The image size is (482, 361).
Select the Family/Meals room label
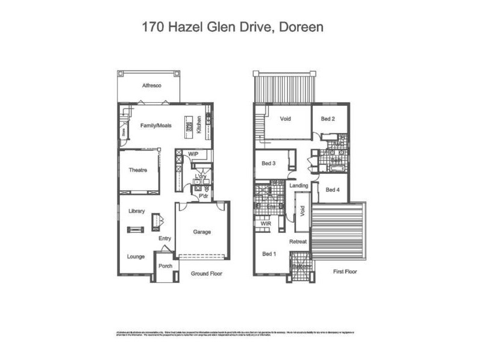(155, 126)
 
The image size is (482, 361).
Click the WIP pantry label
(193, 155)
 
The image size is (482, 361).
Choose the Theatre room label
(138, 170)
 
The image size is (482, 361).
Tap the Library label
(137, 211)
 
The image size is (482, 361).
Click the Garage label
(202, 232)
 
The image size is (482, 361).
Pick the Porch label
(166, 267)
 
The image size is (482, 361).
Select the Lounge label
(136, 256)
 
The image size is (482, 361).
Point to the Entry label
(165, 238)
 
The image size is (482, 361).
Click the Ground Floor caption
(207, 274)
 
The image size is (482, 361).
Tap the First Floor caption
(345, 272)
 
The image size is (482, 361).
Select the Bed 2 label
(328, 119)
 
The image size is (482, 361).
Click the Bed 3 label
(269, 163)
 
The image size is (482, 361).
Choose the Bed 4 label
(333, 190)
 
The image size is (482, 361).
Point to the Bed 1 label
(269, 253)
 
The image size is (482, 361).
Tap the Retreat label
(298, 242)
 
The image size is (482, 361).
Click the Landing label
(299, 186)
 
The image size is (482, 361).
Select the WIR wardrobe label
(266, 224)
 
